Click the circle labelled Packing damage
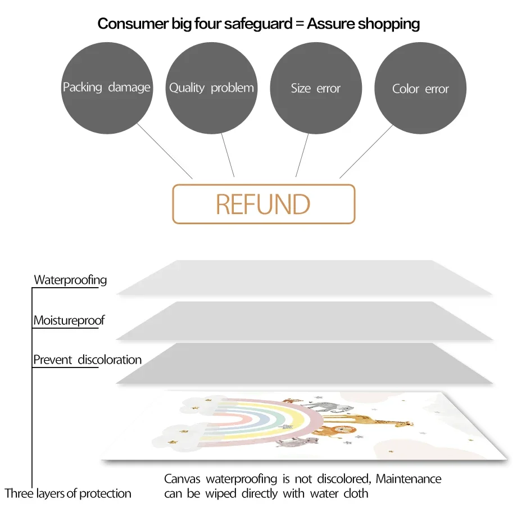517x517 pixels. [x=107, y=88]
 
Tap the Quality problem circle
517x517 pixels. [x=211, y=88]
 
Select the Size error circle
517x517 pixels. [x=316, y=88]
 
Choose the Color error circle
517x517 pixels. [x=420, y=88]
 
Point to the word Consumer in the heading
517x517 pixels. [x=133, y=24]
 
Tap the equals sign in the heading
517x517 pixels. [x=300, y=24]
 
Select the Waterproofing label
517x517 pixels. [x=70, y=280]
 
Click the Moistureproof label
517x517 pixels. [x=69, y=320]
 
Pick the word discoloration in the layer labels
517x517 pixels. [x=110, y=360]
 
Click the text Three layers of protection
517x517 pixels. [x=67, y=493]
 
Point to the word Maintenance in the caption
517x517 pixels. [x=409, y=479]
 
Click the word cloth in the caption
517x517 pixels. [x=356, y=493]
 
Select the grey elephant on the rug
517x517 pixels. [x=330, y=407]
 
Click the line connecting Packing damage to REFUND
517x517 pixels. [x=165, y=151]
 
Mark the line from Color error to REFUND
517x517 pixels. [x=366, y=151]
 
